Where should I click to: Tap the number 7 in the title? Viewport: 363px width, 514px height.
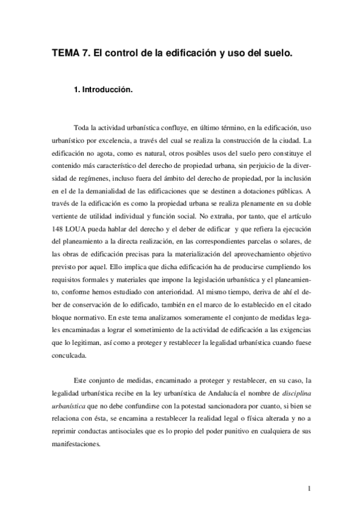pos(87,53)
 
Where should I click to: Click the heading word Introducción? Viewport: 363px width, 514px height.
pos(107,88)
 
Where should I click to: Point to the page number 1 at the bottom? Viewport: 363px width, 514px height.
pos(309,489)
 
